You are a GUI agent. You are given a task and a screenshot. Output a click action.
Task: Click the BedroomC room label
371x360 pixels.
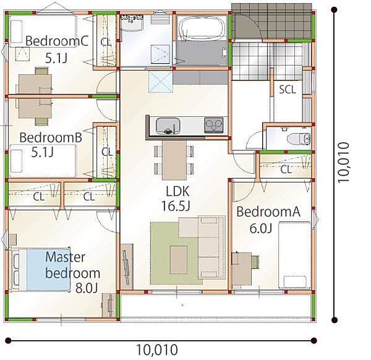click(x=57, y=41)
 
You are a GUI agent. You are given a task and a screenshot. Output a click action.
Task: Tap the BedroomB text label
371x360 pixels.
click(x=51, y=137)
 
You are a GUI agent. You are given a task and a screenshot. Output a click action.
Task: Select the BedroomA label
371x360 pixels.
click(x=268, y=212)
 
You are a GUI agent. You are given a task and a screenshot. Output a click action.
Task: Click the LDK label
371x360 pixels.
click(x=177, y=191)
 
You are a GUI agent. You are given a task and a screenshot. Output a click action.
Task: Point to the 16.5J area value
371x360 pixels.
click(x=176, y=206)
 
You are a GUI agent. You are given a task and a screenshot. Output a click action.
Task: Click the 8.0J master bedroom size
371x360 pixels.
click(x=87, y=288)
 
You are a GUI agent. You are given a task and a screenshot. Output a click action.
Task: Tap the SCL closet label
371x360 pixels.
click(x=288, y=90)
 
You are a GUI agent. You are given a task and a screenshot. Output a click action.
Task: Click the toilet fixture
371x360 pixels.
click(x=299, y=139)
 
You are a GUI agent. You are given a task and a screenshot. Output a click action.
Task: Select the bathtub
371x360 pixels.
click(x=202, y=28)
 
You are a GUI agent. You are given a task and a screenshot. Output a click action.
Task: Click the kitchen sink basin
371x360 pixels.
click(x=168, y=126)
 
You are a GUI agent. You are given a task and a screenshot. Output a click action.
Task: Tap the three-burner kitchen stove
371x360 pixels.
click(x=214, y=125)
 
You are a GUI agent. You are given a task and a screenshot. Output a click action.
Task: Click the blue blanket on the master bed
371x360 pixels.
click(x=48, y=269)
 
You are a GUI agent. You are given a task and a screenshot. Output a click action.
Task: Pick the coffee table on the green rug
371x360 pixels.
click(x=179, y=260)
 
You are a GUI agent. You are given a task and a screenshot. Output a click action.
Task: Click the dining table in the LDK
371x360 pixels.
click(x=174, y=160)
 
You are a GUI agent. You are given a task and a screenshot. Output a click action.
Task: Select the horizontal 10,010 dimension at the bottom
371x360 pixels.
click(x=157, y=349)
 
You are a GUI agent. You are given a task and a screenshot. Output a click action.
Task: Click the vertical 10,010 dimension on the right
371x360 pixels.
click(x=343, y=162)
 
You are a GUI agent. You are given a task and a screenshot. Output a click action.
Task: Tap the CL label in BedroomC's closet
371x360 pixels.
click(x=106, y=42)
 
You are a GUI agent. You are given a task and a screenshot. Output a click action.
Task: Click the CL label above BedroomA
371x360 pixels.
click(x=286, y=169)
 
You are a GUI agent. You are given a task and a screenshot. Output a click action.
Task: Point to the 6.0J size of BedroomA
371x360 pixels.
click(x=260, y=228)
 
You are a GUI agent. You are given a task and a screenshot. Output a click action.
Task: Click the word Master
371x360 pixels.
click(x=66, y=257)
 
